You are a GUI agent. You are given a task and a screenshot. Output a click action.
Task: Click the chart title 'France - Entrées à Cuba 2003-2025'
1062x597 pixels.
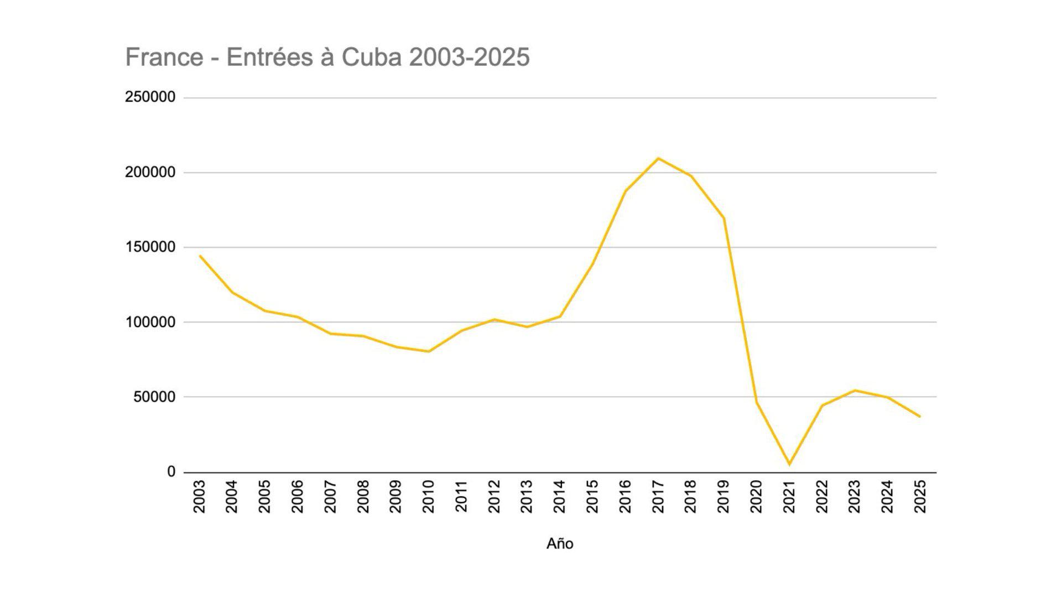tap(327, 58)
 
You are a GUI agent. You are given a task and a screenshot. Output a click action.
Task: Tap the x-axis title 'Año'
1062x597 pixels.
tap(560, 544)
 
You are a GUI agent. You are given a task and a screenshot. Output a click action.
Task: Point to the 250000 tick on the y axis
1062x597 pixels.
tap(150, 97)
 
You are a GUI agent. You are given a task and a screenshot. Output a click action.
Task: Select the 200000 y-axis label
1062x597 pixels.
tap(150, 172)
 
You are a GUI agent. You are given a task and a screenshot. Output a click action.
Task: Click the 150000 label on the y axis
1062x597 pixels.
tap(150, 247)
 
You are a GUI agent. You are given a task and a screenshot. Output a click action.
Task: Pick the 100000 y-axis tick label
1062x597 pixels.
tap(150, 322)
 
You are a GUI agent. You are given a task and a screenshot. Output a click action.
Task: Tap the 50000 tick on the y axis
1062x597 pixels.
tap(154, 397)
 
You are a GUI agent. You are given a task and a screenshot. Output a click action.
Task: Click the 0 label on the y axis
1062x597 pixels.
tap(171, 472)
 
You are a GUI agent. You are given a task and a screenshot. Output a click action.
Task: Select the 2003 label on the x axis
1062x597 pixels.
tap(200, 496)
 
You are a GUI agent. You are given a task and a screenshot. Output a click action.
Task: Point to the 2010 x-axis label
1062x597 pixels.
tap(429, 496)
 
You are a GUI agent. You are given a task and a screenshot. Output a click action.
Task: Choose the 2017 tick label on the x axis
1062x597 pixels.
tap(658, 496)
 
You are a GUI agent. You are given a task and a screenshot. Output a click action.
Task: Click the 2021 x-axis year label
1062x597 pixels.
tap(789, 496)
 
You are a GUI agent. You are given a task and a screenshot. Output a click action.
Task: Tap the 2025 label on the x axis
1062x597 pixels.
tap(920, 496)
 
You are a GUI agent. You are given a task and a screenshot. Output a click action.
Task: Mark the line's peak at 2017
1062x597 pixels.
tap(658, 159)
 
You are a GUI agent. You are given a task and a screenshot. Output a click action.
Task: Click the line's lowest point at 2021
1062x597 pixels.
tap(789, 464)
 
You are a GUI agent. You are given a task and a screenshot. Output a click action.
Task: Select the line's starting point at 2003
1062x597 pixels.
tap(200, 256)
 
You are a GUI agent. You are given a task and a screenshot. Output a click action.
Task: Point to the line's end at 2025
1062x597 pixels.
tap(920, 417)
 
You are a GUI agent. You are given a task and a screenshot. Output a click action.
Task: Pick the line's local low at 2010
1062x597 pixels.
tap(429, 351)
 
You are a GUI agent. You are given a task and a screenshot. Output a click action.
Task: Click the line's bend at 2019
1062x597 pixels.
tap(724, 218)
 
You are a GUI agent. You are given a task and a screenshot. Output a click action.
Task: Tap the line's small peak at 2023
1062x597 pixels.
tap(855, 391)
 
